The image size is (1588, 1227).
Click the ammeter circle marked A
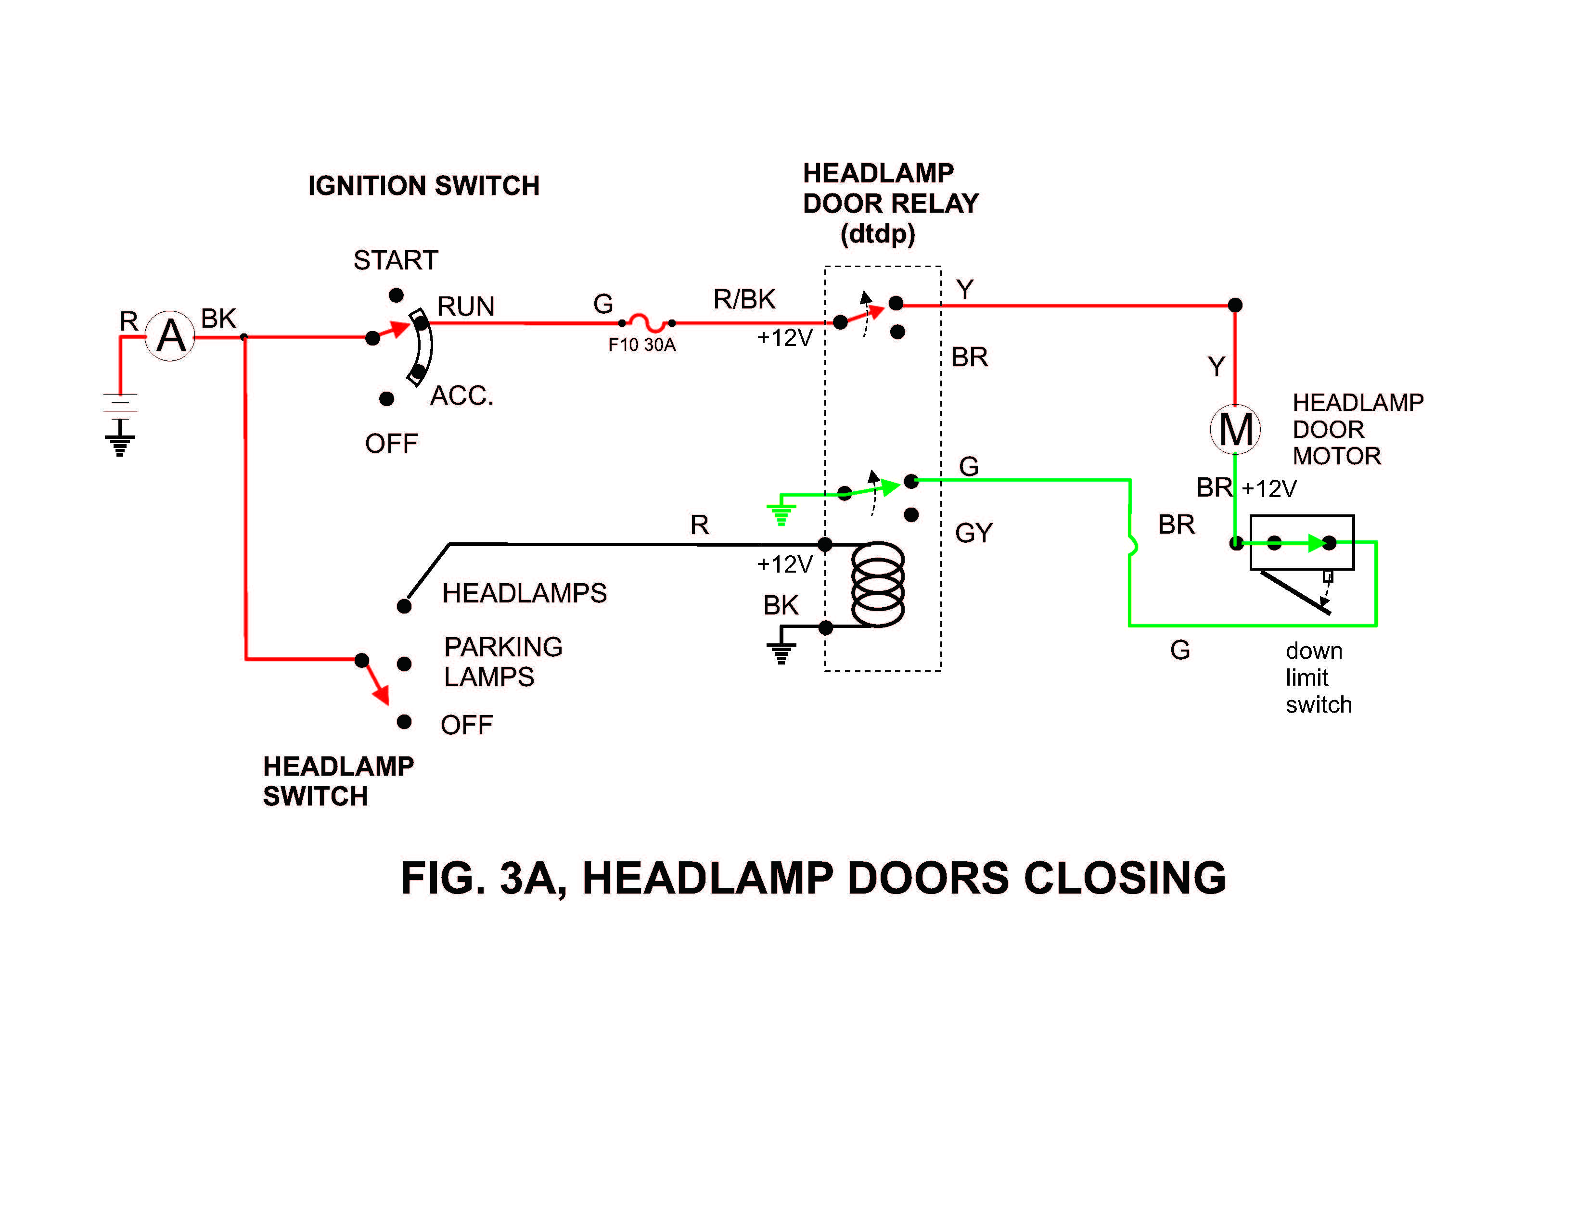point(170,336)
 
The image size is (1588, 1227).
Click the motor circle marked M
point(1235,429)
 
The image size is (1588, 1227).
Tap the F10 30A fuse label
point(641,345)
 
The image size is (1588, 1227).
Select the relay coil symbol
point(878,584)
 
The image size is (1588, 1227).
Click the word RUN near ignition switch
point(465,306)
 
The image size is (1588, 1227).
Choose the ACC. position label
point(461,396)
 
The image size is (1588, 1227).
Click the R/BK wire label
point(744,299)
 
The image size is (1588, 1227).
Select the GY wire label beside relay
point(973,533)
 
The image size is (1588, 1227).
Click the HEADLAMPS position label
point(524,593)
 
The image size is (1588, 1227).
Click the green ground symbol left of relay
point(781,514)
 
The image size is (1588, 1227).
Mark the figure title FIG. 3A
point(813,878)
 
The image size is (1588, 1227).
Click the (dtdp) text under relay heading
point(878,234)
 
